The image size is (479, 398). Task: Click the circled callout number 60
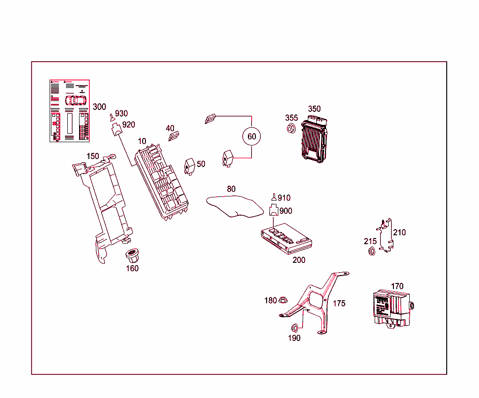coord(252,137)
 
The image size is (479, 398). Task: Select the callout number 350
coord(314,109)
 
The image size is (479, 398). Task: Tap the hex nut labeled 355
coord(290,128)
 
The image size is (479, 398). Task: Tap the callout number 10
coord(142,141)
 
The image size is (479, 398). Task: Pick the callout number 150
coord(93,156)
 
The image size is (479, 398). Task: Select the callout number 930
coord(121,114)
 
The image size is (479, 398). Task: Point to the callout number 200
coord(299,260)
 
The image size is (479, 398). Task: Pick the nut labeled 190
coord(295,327)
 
